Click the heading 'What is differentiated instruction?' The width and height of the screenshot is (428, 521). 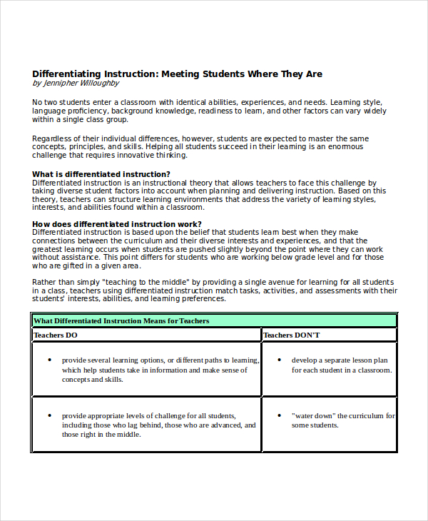coord(101,174)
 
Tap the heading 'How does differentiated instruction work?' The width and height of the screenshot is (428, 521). coord(116,224)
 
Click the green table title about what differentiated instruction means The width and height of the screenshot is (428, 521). coord(121,320)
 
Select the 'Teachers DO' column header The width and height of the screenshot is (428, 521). coord(56,335)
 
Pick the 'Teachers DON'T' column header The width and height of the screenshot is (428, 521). coord(292,335)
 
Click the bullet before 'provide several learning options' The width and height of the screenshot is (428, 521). coord(49,360)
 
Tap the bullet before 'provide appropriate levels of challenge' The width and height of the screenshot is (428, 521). coord(49,415)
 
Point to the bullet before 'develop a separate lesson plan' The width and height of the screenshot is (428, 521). coord(278,360)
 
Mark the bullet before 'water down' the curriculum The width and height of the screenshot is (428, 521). coord(278,415)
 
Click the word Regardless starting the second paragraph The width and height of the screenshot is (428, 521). coord(53,138)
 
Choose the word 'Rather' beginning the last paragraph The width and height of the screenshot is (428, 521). coord(44,282)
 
